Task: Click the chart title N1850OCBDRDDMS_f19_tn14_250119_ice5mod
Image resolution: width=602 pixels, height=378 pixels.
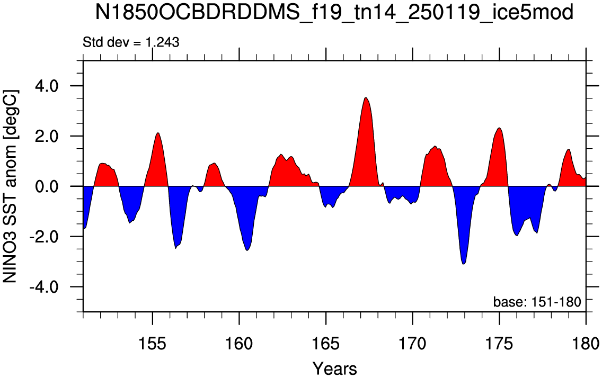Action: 334,13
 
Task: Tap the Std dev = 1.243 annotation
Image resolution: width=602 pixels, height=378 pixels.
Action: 131,42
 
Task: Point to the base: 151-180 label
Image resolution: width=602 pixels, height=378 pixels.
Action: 537,302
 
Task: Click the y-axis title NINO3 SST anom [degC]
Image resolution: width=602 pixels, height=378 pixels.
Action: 11,186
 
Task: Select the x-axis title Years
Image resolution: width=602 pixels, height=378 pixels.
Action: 334,368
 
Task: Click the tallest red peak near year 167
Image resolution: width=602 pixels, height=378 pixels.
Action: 366,98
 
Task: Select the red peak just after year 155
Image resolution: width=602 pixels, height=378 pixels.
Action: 158,133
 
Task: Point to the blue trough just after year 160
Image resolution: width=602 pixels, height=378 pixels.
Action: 247,250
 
